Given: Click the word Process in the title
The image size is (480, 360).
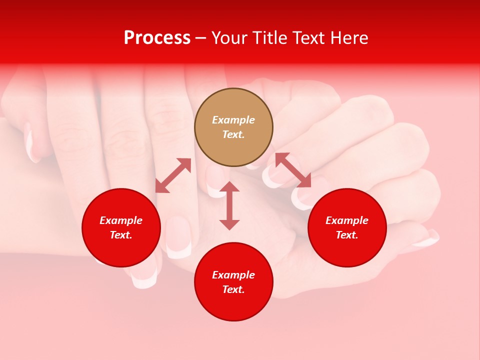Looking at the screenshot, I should coord(157,38).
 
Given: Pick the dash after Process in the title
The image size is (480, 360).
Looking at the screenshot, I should coord(200,38).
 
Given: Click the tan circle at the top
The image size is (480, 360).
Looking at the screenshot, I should coord(233,127).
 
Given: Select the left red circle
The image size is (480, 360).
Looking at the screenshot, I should coord(121,227).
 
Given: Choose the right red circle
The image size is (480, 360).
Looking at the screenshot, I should coord(347,227).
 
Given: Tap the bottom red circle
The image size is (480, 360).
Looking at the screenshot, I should coord(233,282).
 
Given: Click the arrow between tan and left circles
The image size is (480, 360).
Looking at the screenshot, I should coord(173,175).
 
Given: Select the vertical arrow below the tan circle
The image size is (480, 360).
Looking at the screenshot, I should coord(229,205).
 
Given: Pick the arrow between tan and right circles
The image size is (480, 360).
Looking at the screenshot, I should coord(293,170).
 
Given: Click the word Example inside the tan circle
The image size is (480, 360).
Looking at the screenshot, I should coord(233,120).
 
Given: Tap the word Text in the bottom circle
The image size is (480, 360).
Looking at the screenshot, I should coord(233,289).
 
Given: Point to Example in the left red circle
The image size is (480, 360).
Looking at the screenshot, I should coord(121,220).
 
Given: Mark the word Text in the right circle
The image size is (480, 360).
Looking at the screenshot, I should coord(347,235).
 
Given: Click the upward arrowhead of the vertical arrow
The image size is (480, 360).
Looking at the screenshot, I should coord(229,187).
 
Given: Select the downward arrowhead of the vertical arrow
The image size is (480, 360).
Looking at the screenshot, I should coord(229,224).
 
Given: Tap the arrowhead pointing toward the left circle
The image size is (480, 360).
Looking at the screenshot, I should coord(161,186).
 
